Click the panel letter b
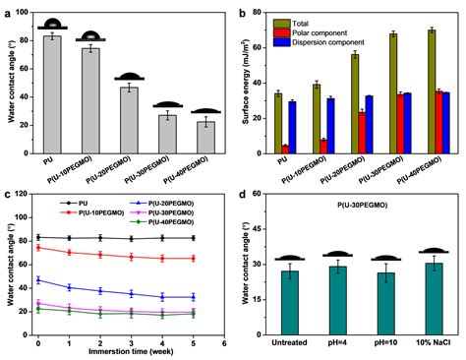tap(242, 11)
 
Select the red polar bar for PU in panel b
tap(285, 150)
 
